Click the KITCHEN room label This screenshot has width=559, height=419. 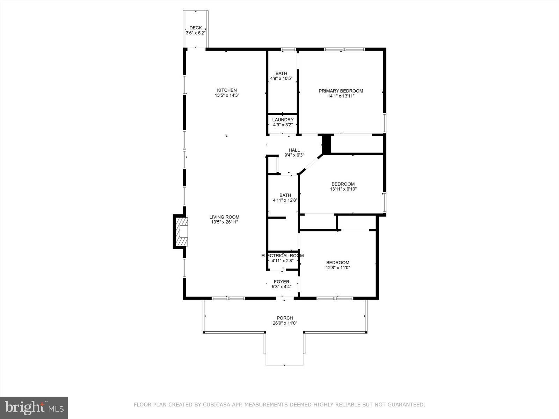point(227,90)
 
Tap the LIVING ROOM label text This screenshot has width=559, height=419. point(224,217)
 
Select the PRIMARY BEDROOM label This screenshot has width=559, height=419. point(341,91)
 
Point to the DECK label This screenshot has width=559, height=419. point(196,28)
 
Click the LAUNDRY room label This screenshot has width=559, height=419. point(283,120)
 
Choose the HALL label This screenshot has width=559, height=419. point(294,150)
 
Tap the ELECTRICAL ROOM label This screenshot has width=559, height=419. point(282,256)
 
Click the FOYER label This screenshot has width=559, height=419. point(281,282)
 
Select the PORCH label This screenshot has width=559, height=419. point(285,318)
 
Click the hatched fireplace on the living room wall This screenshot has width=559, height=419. point(181,232)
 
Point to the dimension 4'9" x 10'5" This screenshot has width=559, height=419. point(281,79)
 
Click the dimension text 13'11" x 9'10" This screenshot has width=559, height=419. point(343,189)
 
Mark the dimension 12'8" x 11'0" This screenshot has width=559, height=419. point(337,268)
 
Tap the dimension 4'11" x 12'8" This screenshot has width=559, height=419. point(285,200)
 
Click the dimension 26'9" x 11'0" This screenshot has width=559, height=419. point(285,323)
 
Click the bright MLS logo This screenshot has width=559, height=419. point(34,407)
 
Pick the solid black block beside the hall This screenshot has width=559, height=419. point(326,144)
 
